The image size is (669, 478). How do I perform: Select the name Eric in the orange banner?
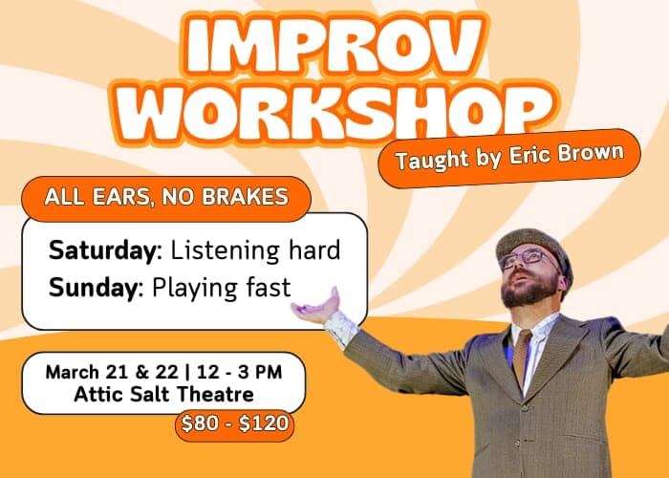537,158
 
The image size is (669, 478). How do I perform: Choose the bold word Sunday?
95,286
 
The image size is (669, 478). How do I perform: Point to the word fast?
266,286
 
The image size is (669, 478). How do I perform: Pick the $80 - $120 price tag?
234,423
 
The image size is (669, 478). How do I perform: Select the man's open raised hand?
318,308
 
